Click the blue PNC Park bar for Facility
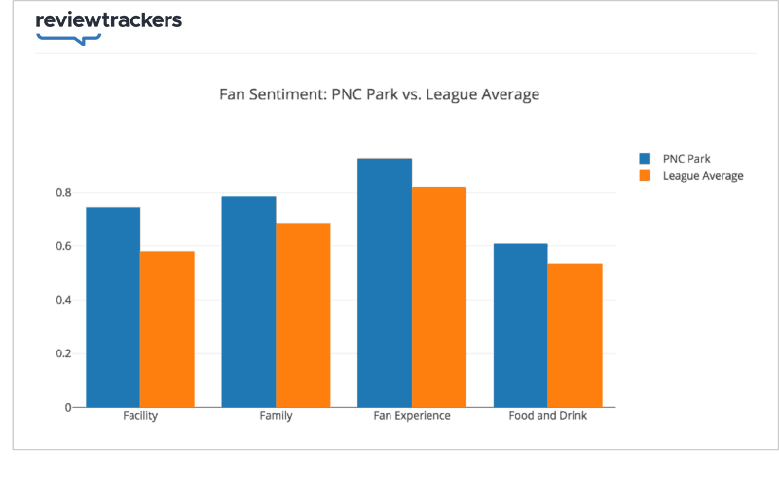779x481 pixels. [x=113, y=307]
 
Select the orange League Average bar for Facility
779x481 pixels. [x=167, y=329]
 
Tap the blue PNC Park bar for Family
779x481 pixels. [x=248, y=301]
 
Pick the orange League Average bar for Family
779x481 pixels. [x=303, y=314]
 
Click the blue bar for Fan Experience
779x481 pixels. [x=385, y=282]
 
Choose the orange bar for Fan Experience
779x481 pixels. [x=439, y=297]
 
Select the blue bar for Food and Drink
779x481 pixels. [x=520, y=325]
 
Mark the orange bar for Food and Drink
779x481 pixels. [x=575, y=335]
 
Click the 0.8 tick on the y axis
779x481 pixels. [x=63, y=193]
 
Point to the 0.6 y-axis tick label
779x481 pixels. [x=63, y=246]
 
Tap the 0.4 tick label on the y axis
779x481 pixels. [x=63, y=300]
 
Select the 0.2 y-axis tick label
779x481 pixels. [x=63, y=353]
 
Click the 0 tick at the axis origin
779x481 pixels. [x=68, y=407]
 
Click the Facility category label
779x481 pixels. [x=140, y=416]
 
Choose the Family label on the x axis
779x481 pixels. [x=276, y=416]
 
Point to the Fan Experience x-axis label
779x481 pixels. [x=412, y=416]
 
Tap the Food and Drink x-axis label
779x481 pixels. [x=547, y=416]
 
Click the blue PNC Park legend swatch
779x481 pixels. [x=645, y=158]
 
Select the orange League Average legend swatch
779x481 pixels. [x=645, y=176]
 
